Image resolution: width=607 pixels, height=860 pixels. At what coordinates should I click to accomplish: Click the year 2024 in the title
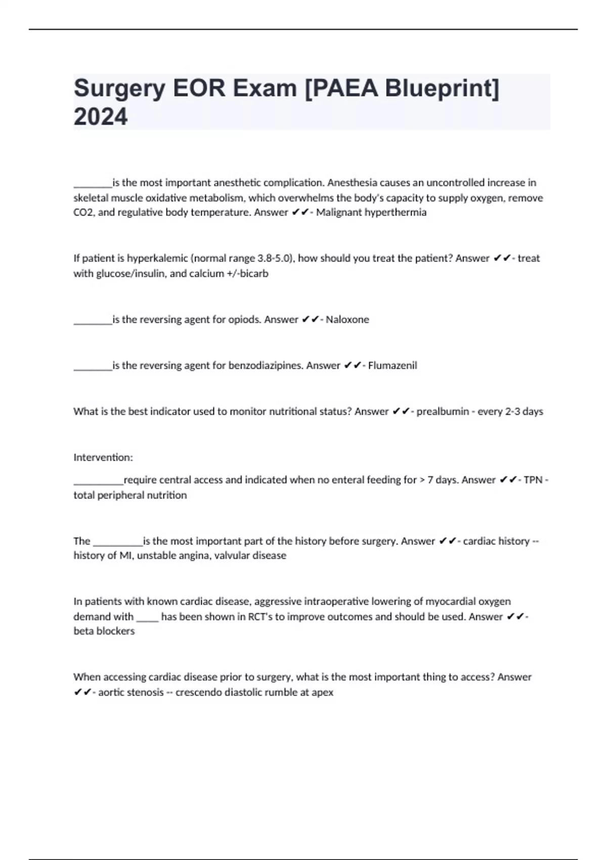click(x=101, y=117)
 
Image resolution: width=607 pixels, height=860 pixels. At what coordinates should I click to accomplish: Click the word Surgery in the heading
click(x=119, y=89)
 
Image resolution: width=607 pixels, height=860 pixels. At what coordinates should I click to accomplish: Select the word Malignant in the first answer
click(x=338, y=212)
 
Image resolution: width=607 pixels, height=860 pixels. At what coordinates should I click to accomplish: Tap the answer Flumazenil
click(x=393, y=366)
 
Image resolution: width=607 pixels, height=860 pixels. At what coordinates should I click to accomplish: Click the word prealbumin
click(x=443, y=412)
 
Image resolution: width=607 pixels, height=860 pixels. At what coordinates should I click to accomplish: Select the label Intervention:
click(x=103, y=458)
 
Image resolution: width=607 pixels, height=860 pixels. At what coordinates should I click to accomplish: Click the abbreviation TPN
click(x=533, y=480)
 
